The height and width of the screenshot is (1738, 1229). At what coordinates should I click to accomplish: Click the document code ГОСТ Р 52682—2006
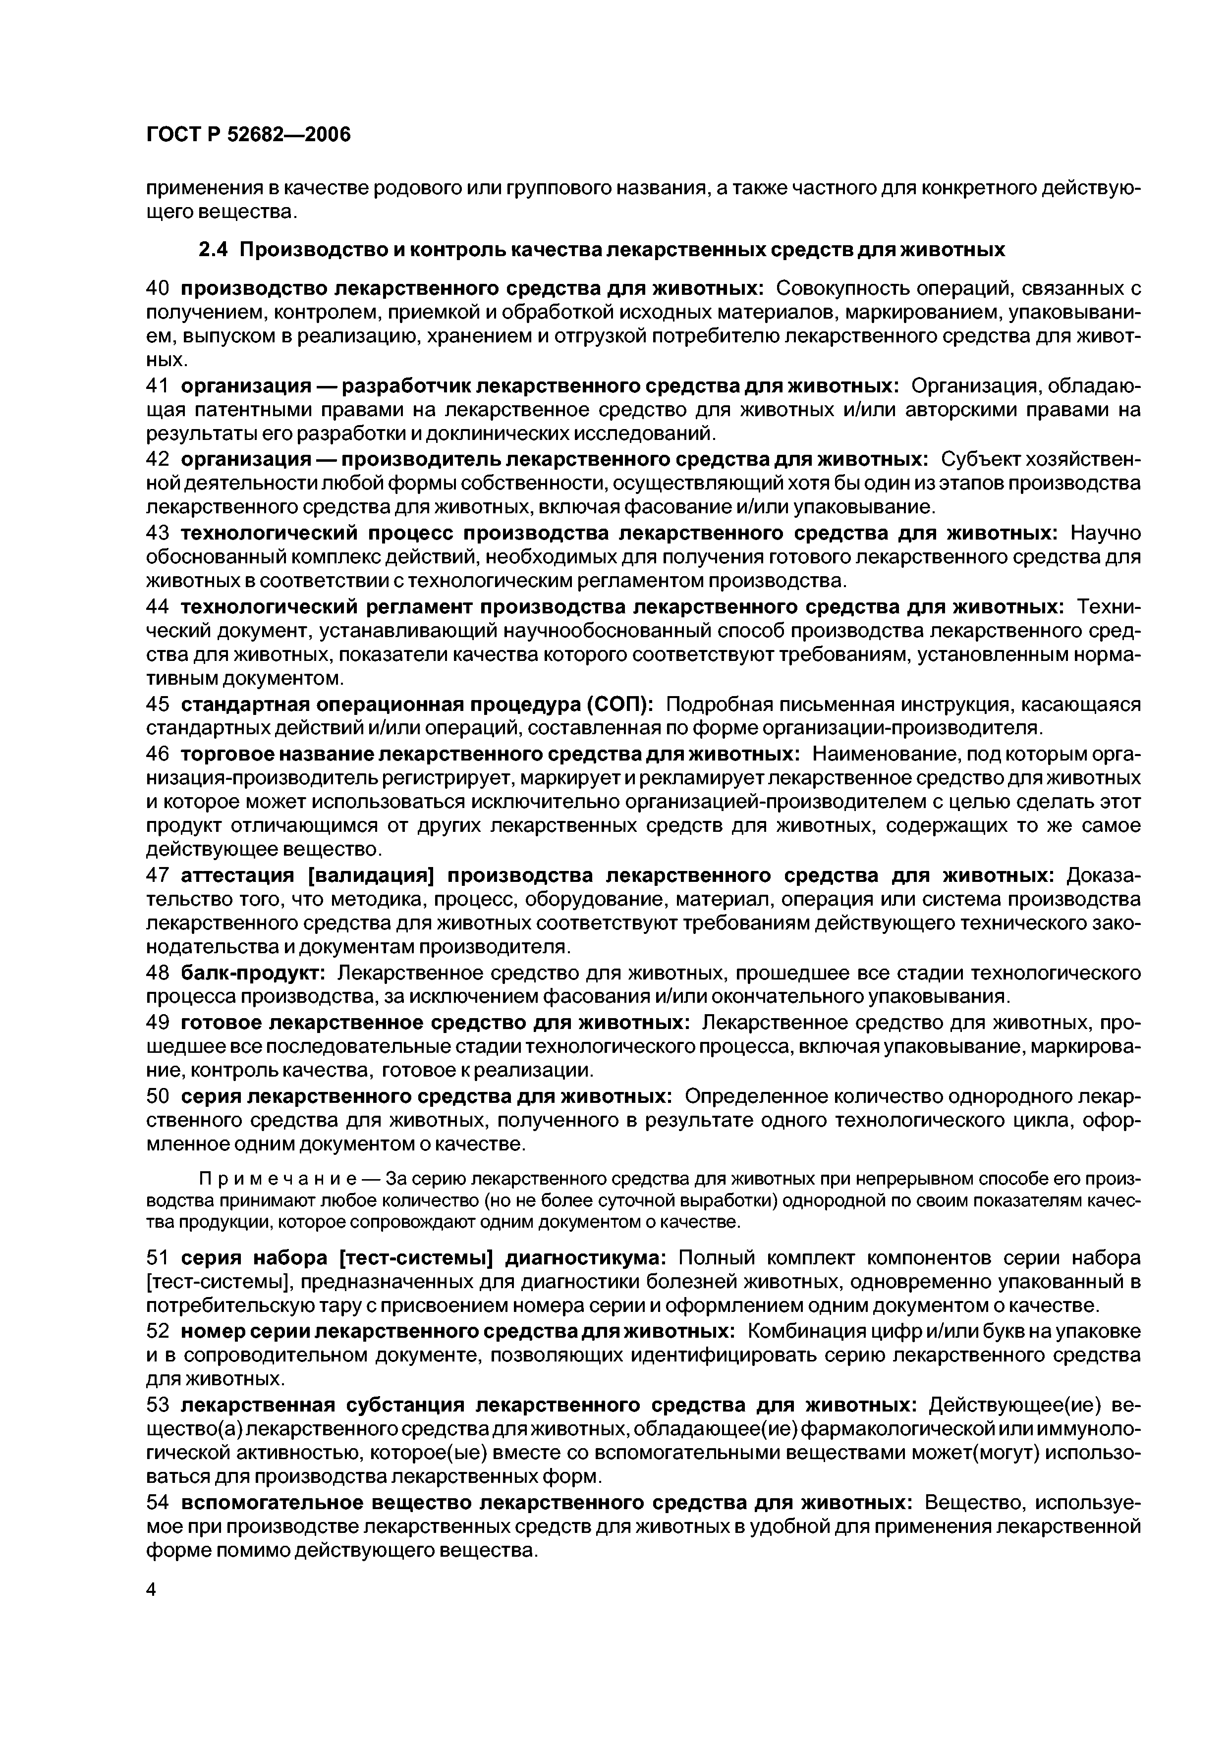(x=248, y=135)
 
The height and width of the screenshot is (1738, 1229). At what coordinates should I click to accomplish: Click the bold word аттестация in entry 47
(x=238, y=876)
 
